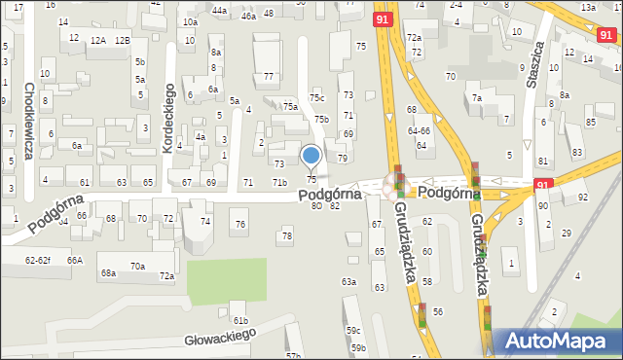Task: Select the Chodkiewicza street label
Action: (x=29, y=123)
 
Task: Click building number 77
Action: (x=268, y=76)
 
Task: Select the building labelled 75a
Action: (x=290, y=107)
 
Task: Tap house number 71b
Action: (x=279, y=183)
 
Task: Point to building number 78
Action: (x=286, y=235)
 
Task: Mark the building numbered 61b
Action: (x=239, y=320)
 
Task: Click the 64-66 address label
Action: (x=419, y=130)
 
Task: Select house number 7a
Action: (x=476, y=98)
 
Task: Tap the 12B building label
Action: (x=122, y=41)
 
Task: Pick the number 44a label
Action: (x=219, y=11)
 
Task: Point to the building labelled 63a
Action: (x=348, y=282)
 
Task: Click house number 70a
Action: (x=137, y=266)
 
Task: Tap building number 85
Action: (x=591, y=122)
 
